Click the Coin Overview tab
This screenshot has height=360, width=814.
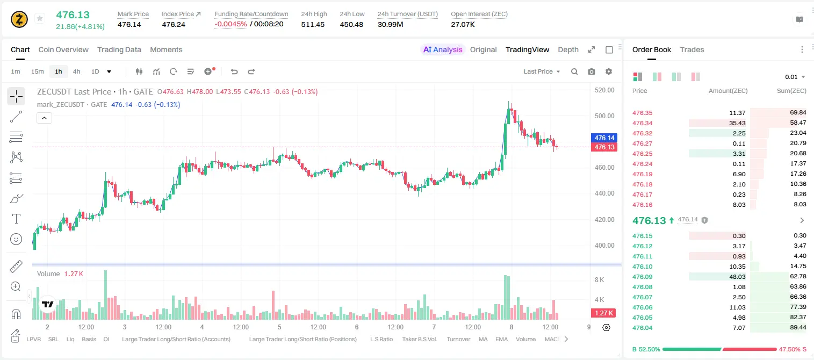coord(63,49)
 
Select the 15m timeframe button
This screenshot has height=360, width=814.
coord(38,71)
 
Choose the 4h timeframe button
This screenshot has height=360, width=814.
coord(76,71)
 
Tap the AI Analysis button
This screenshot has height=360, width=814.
coord(443,49)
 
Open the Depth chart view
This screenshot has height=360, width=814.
coord(568,49)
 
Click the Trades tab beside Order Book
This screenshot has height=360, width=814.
coord(692,49)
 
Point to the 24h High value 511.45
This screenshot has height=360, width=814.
coord(313,24)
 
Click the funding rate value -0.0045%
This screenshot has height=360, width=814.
coord(230,24)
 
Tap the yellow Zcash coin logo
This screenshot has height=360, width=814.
coord(19,19)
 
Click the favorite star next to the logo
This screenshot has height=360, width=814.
coord(40,18)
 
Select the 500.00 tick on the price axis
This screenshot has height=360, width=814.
coord(604,116)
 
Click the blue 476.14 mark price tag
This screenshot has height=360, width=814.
coord(604,138)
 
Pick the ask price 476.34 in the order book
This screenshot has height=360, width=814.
coord(642,123)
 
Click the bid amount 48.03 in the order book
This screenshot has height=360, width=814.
coord(737,277)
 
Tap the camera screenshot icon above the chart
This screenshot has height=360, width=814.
coord(592,71)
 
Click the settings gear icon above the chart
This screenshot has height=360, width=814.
coord(609,71)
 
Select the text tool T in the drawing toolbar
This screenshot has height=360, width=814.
coord(16,219)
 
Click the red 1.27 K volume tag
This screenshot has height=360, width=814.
coord(604,313)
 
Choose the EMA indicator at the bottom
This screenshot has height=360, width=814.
coord(501,339)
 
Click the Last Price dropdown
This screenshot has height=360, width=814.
coord(542,71)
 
